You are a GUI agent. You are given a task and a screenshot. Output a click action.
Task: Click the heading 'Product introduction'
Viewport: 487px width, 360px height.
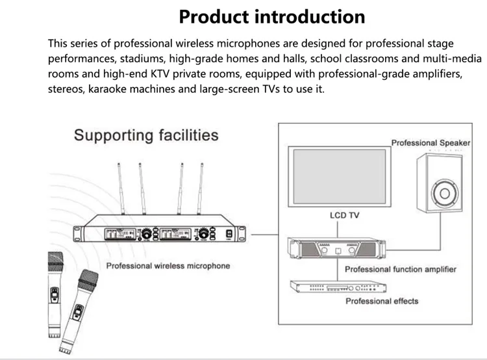[272, 17]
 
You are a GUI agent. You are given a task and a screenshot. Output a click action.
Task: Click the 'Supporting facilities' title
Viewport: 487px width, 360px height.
[146, 135]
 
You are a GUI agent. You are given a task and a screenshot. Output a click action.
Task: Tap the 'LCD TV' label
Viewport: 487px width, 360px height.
[344, 215]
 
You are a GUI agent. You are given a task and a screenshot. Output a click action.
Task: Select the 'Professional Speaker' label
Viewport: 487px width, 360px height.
[431, 143]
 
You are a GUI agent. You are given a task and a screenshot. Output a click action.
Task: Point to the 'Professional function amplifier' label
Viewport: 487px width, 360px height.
[401, 269]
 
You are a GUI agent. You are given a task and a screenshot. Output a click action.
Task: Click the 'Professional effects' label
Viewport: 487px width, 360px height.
[382, 301]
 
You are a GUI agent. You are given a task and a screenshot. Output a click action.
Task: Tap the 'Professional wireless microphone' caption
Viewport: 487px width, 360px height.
[168, 266]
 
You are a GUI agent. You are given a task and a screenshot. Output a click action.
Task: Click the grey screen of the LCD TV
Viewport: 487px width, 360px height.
[340, 177]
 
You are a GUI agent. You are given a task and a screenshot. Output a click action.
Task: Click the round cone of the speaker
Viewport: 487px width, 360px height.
[445, 194]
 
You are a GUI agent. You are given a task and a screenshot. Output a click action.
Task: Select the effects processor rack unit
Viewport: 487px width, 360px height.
[338, 287]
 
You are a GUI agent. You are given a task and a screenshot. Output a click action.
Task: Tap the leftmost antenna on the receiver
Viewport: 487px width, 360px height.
[121, 188]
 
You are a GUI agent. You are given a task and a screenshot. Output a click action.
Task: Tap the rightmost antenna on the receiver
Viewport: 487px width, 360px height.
[200, 188]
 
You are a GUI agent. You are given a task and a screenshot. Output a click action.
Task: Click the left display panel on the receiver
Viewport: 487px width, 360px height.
[120, 234]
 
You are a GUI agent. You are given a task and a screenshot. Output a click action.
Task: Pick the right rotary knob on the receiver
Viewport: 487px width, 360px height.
[203, 233]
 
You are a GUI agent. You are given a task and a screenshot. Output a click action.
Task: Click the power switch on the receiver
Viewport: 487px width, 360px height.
[229, 234]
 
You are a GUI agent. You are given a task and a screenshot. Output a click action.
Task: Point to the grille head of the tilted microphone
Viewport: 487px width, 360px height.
[88, 280]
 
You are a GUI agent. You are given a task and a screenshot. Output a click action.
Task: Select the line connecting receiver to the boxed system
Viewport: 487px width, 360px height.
[265, 235]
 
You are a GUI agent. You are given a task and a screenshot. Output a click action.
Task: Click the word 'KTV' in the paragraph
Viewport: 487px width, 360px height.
[160, 74]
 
